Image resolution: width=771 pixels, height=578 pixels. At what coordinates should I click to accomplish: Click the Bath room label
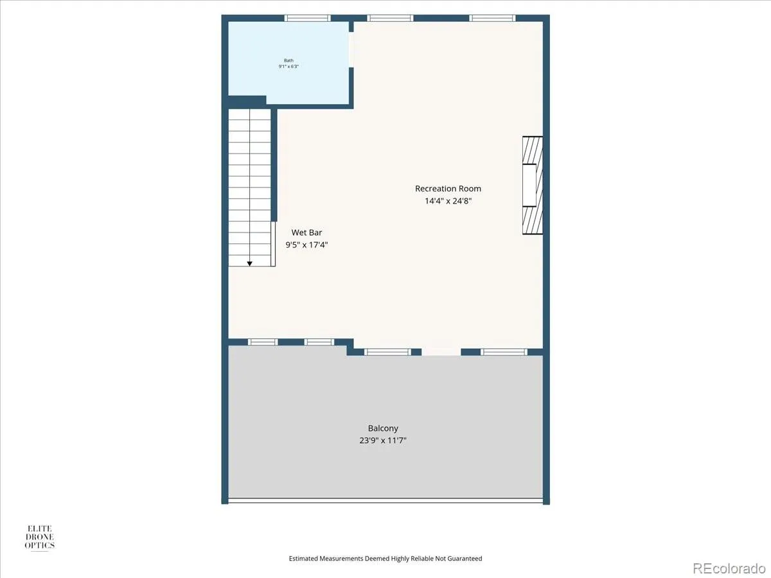click(288, 60)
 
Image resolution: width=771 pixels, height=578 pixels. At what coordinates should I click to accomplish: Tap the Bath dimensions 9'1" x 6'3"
click(288, 66)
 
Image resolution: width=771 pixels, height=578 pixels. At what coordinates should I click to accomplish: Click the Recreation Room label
click(448, 189)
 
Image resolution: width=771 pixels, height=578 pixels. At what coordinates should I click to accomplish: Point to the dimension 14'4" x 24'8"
click(448, 201)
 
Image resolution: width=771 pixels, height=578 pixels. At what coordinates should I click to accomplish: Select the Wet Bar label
click(306, 232)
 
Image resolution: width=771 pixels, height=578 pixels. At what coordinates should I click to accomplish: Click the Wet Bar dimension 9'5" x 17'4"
click(306, 245)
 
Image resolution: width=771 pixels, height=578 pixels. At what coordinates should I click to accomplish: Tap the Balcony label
click(383, 428)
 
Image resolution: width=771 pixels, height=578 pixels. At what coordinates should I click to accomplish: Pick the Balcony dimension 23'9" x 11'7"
click(383, 441)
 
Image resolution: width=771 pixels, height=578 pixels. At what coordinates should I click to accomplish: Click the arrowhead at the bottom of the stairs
click(249, 263)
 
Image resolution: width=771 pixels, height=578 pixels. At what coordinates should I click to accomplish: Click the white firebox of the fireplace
click(529, 185)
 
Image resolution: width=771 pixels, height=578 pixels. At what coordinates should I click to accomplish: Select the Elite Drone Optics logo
click(40, 538)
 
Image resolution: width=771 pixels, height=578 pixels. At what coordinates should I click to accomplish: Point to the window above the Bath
click(307, 18)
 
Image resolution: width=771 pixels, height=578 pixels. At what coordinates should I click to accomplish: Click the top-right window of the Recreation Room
click(492, 18)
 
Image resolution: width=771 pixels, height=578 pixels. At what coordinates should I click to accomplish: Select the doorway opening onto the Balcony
click(441, 352)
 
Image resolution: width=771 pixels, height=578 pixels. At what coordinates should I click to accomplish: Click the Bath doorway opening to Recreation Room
click(351, 49)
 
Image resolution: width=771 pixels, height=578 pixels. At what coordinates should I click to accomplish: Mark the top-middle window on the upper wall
click(390, 18)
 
